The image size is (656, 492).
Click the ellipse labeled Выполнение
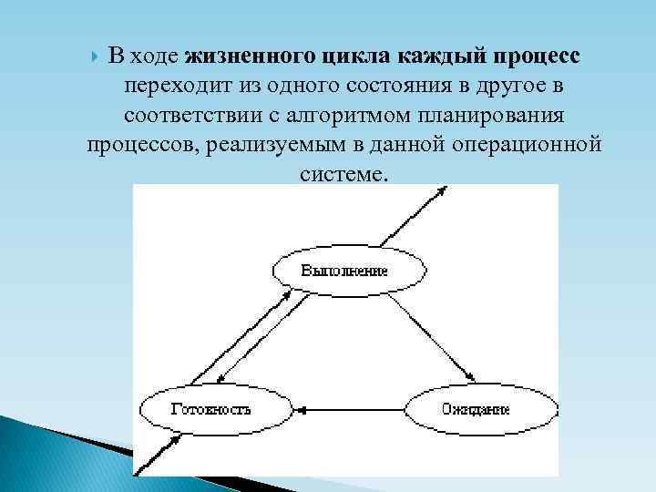point(346,271)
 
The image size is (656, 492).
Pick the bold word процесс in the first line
point(538,56)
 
